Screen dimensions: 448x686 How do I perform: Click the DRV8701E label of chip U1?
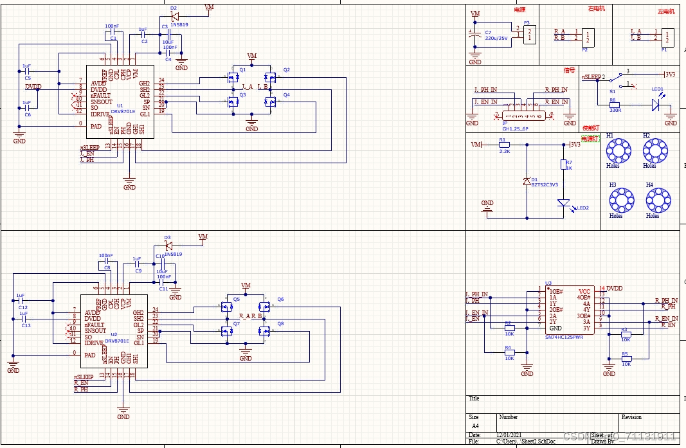(x=124, y=111)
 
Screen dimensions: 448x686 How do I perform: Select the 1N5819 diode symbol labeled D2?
(x=174, y=15)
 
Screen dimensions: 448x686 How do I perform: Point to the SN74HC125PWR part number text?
(x=564, y=336)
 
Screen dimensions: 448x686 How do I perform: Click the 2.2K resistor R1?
(x=504, y=145)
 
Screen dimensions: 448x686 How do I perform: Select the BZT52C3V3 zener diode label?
(x=545, y=184)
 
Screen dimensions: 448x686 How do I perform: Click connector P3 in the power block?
(x=528, y=33)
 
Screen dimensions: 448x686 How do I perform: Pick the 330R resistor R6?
(x=614, y=105)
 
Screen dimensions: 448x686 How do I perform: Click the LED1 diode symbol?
(x=655, y=105)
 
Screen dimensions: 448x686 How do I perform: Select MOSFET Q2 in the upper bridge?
(x=271, y=78)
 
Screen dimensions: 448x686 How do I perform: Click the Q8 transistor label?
(x=280, y=323)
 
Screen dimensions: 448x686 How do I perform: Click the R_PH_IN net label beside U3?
(x=665, y=300)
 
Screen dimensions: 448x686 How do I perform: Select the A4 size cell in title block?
(x=475, y=426)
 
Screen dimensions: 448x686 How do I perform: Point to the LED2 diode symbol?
(x=564, y=204)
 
